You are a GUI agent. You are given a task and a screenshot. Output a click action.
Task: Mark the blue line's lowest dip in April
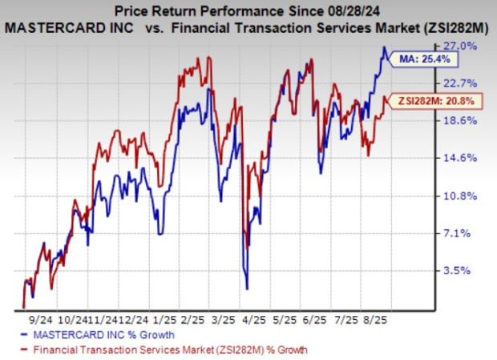coord(247,288)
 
